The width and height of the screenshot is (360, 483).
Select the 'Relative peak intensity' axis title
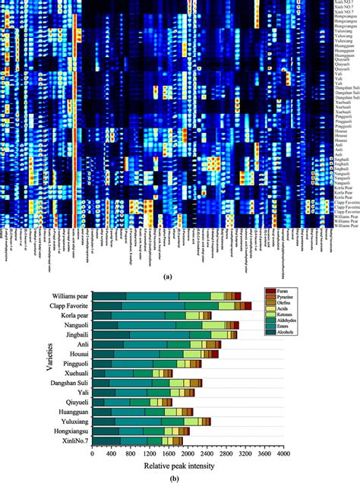tap(187, 466)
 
